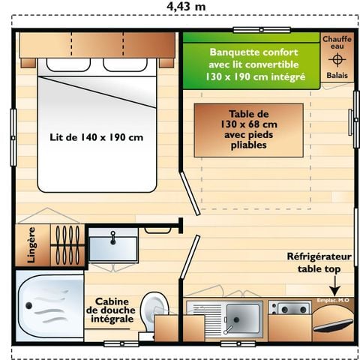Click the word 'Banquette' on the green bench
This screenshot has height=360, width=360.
coord(234,52)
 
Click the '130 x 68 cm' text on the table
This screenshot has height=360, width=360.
coord(249,124)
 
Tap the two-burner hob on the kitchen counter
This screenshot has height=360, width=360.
coord(289,308)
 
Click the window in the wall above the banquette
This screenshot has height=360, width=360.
coord(261,30)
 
